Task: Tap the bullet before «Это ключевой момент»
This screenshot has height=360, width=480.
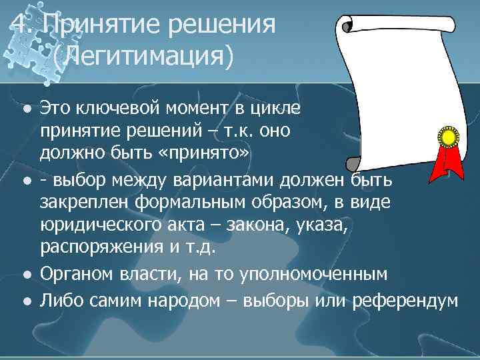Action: (25, 108)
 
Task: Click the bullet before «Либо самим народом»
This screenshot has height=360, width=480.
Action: (25, 301)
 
